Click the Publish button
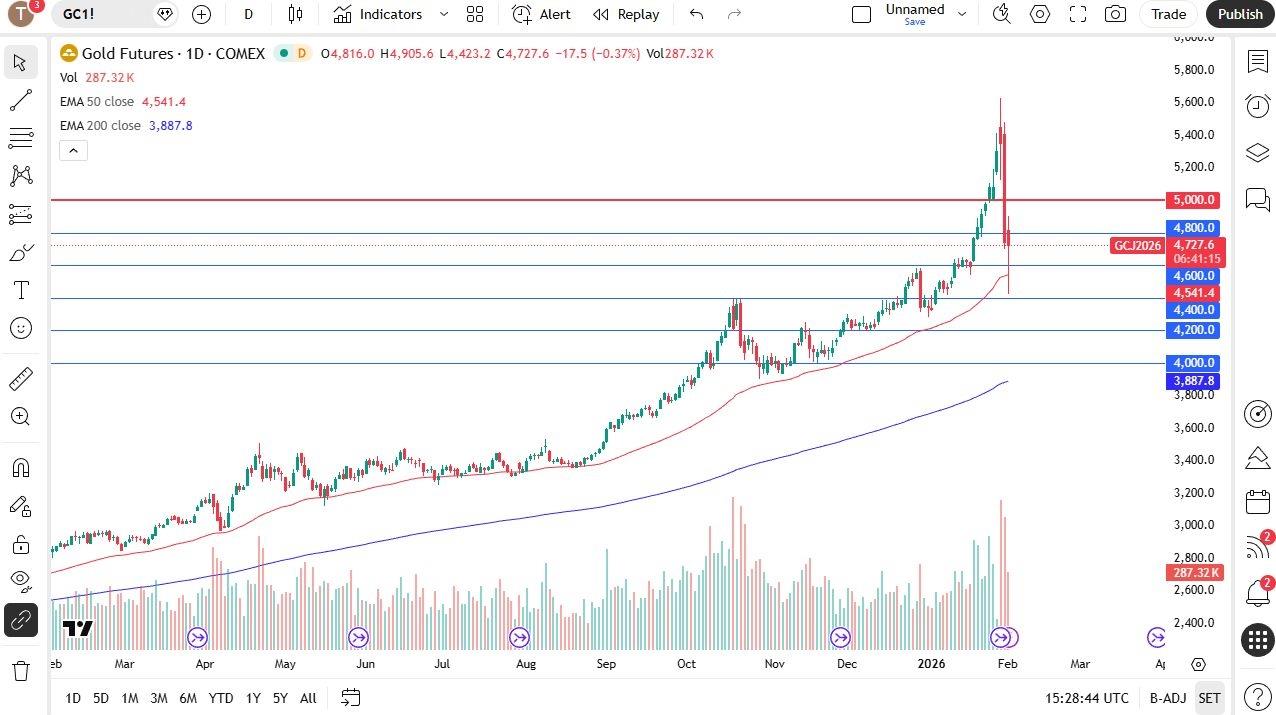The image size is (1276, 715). coord(1240,14)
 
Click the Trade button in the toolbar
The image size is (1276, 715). coord(1168,14)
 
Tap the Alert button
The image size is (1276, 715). coord(541,14)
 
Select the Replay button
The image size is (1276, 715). coord(626,14)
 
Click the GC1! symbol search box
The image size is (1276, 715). coord(100,14)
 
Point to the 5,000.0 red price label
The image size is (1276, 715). coord(1194,200)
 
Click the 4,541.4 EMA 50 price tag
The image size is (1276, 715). coord(1194,293)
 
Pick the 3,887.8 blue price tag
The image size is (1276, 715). coord(1194,381)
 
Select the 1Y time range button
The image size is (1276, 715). coord(253,698)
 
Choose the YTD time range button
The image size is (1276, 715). coord(220,698)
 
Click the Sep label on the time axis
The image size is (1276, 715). coord(606,663)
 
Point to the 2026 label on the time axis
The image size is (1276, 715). coord(931,663)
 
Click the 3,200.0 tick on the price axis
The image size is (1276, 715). coord(1194,493)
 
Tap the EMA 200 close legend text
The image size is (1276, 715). coord(100,126)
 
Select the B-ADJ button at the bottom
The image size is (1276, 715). coord(1167,698)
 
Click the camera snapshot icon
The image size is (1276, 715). coord(1114,14)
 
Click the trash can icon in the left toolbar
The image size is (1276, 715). coord(20,670)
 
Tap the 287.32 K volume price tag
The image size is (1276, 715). coord(1194,573)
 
